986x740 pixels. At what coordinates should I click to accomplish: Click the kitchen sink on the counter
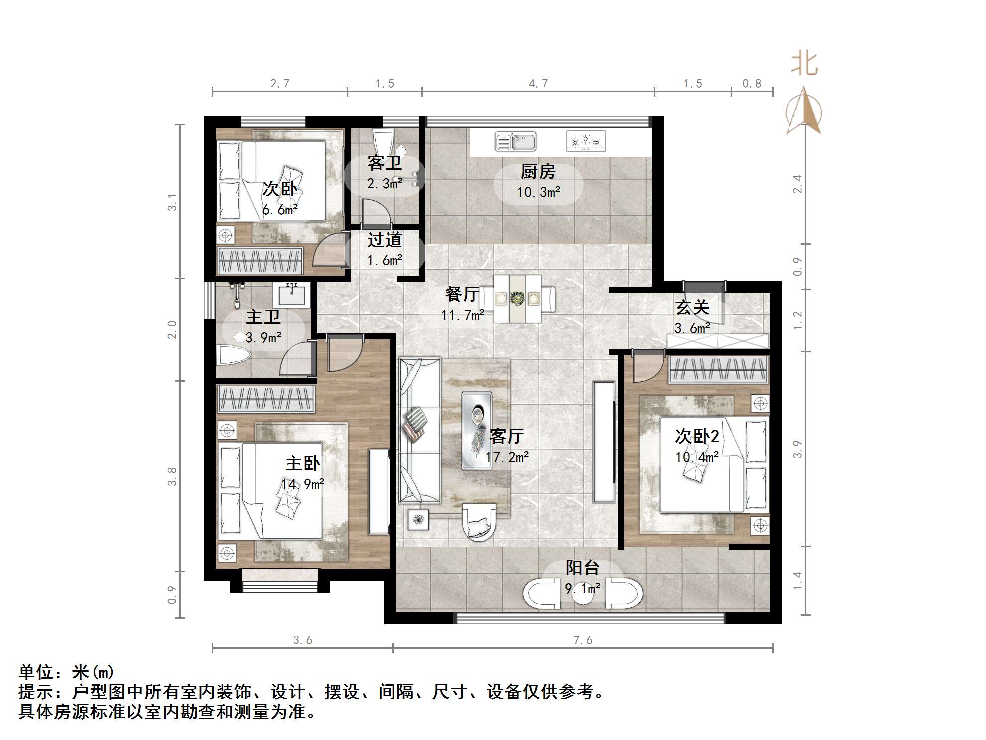[x=515, y=142]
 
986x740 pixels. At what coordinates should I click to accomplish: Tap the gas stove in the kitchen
[x=586, y=142]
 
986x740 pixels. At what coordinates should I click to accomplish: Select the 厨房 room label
[x=538, y=172]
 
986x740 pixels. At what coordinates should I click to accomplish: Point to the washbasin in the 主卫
[x=291, y=295]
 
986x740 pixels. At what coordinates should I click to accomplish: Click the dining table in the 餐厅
[x=517, y=299]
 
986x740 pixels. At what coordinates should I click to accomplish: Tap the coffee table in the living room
[x=477, y=430]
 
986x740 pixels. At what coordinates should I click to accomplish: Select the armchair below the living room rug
[x=479, y=521]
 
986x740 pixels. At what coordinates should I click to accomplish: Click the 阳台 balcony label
[x=582, y=568]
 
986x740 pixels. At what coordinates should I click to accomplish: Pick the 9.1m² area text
[x=582, y=589]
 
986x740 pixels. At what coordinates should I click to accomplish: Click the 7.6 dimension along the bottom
[x=582, y=640]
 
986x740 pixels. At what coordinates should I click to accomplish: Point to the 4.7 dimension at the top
[x=538, y=84]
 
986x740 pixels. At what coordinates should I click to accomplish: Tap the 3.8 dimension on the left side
[x=172, y=476]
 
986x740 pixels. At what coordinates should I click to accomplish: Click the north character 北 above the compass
[x=804, y=65]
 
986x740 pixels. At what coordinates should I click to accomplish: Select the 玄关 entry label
[x=692, y=307]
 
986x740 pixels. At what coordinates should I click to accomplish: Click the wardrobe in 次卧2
[x=718, y=370]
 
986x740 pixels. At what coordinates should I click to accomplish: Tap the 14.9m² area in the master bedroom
[x=302, y=484]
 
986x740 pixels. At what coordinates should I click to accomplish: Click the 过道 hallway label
[x=384, y=240]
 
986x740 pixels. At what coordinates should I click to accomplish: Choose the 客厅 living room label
[x=506, y=436]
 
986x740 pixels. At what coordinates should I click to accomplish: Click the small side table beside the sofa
[x=418, y=520]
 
